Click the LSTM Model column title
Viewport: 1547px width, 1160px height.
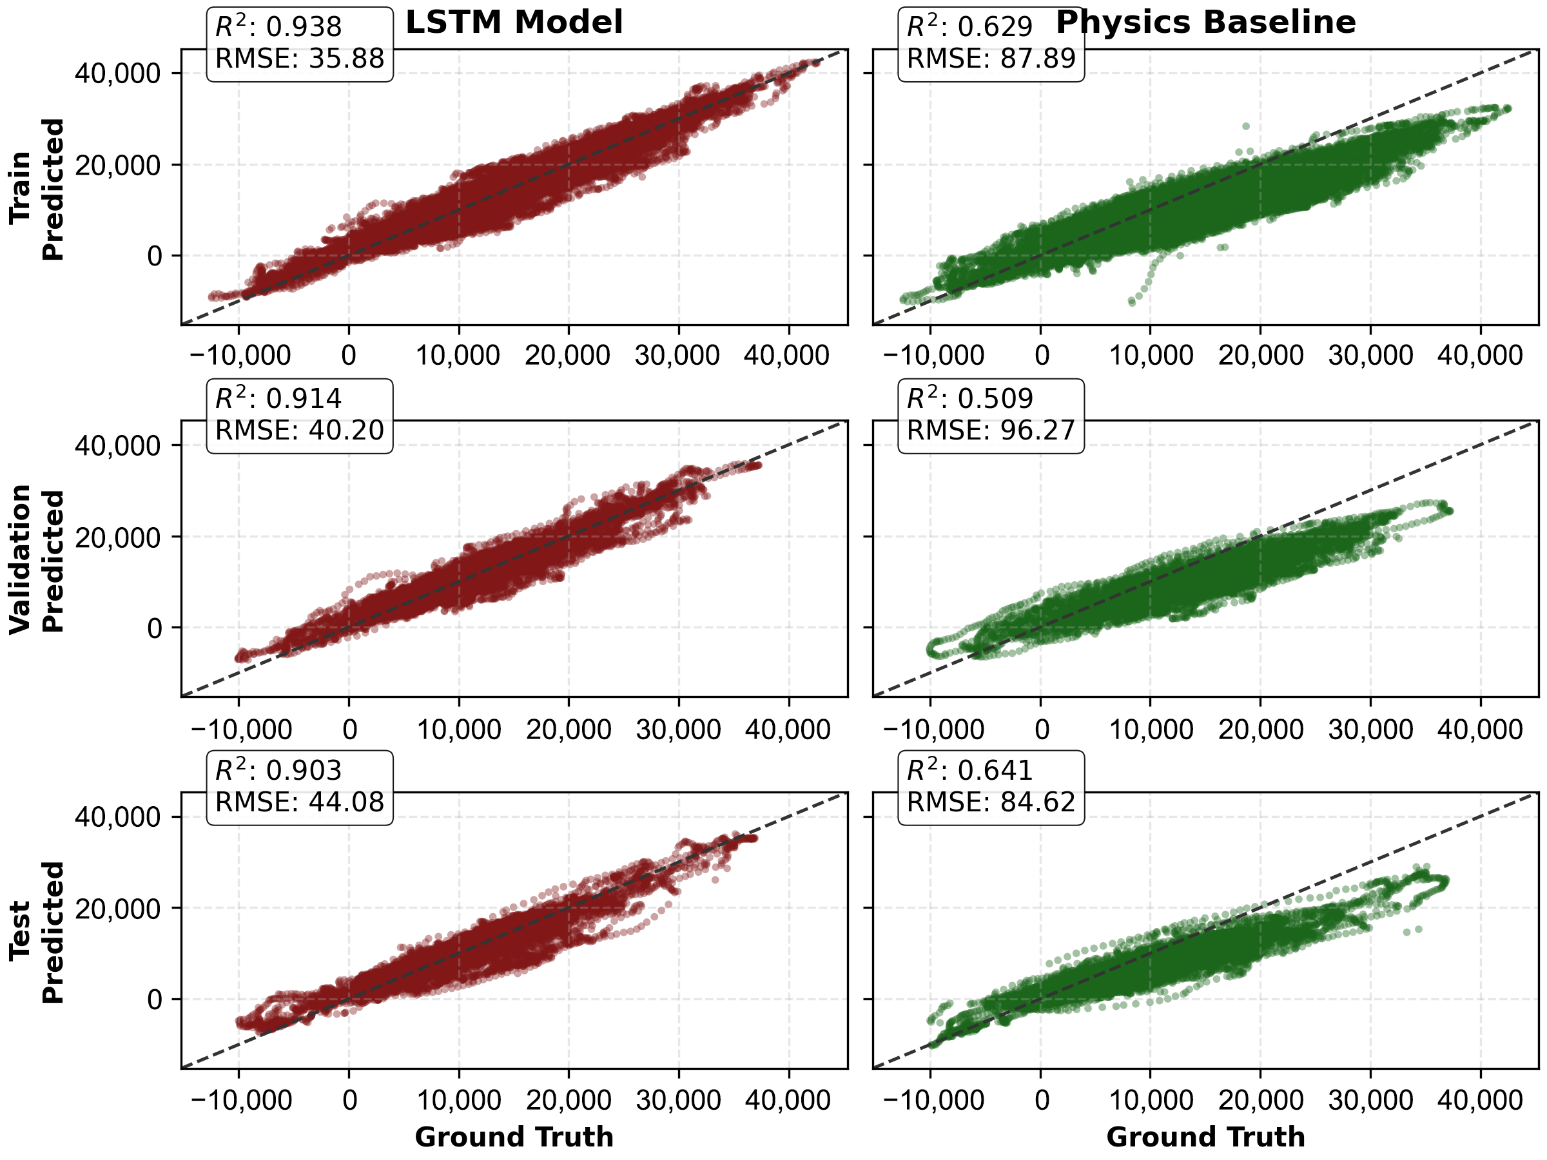click(x=514, y=23)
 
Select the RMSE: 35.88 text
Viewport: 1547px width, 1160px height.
click(x=299, y=59)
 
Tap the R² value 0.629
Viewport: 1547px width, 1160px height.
click(x=995, y=27)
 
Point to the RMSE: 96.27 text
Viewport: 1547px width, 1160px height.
click(x=991, y=430)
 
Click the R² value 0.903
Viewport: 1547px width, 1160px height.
click(x=304, y=771)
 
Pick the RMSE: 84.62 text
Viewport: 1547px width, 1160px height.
click(x=991, y=802)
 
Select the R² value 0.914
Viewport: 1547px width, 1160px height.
click(x=304, y=398)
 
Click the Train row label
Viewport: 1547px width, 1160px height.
click(x=19, y=188)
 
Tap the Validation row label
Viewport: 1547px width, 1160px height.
click(x=19, y=559)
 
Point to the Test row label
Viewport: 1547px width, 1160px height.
click(x=19, y=930)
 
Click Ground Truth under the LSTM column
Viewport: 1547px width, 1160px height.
click(x=514, y=1137)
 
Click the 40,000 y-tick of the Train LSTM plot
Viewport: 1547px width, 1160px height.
click(x=117, y=73)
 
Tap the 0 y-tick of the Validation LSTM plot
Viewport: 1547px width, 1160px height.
click(x=155, y=628)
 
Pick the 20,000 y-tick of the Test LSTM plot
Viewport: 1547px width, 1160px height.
click(x=117, y=908)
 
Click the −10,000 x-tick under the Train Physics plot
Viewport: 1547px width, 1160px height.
click(x=933, y=356)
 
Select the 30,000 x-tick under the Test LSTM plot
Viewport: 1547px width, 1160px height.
click(x=677, y=1101)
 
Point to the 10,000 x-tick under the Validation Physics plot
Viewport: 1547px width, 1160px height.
click(x=1151, y=730)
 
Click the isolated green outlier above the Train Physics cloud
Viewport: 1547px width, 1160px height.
click(x=1245, y=126)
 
